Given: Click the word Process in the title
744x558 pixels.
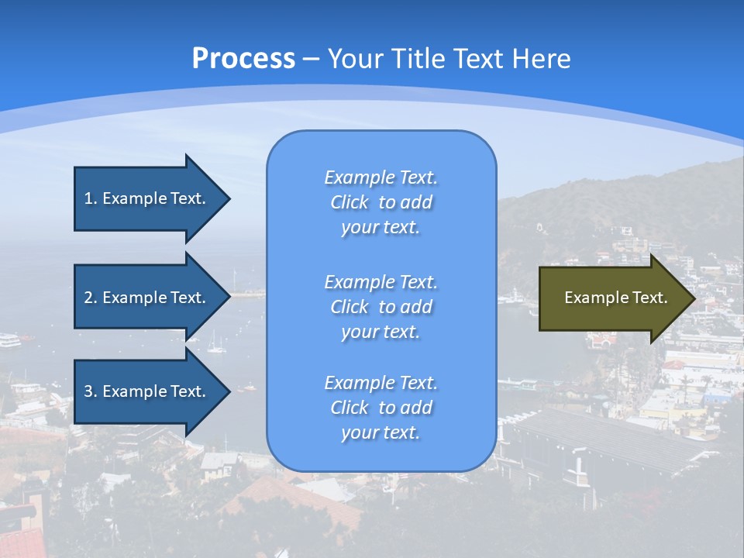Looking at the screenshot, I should (243, 59).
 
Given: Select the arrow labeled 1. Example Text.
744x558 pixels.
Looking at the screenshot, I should (147, 198).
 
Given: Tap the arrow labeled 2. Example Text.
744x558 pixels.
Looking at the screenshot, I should (147, 298).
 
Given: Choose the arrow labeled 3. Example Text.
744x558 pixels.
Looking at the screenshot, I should (147, 391).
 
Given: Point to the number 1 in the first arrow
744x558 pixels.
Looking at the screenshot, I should (88, 198).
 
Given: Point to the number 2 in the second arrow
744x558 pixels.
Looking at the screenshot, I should (88, 298).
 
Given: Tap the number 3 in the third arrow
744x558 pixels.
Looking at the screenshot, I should (88, 391).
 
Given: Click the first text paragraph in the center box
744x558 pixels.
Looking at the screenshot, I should (381, 202).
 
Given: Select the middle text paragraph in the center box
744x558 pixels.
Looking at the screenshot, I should (381, 307).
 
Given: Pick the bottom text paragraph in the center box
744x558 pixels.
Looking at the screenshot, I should (381, 408).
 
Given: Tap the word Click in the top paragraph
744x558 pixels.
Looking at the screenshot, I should (350, 202).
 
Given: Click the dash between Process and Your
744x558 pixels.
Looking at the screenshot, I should (311, 60).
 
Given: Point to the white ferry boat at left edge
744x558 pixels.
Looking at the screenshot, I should (9, 339).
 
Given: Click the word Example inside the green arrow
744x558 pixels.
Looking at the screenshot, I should (593, 298).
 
